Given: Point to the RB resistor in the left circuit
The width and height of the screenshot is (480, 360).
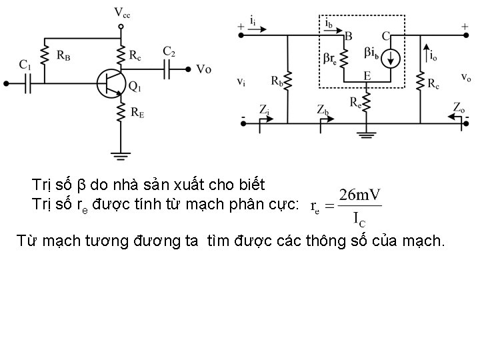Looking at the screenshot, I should click(45, 55).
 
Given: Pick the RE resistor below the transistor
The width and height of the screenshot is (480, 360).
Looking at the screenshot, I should click(121, 111).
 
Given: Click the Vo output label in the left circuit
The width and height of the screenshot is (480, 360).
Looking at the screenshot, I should click(204, 69).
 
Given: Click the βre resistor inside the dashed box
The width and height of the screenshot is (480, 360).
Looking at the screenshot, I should click(345, 57).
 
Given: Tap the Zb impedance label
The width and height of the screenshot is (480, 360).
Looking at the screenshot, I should click(322, 109).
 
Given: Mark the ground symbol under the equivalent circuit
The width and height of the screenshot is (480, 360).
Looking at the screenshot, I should click(366, 133).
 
